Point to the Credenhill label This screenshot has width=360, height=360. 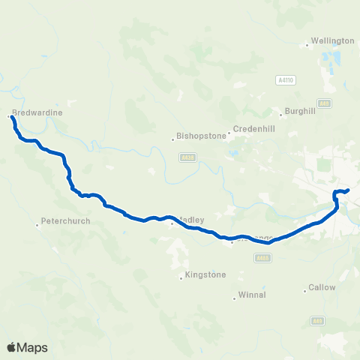point(256,129)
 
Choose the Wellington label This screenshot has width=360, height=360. point(332,40)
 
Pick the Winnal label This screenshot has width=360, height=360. point(251,295)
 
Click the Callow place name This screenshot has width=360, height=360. point(322,287)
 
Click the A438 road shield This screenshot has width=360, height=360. point(187,157)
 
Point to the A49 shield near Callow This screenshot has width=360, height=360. point(317,320)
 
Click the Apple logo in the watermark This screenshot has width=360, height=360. point(12,347)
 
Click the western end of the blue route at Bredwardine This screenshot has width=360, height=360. point(13,118)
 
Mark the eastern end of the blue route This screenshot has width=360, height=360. point(349,190)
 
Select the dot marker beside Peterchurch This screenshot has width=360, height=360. point(37,224)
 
